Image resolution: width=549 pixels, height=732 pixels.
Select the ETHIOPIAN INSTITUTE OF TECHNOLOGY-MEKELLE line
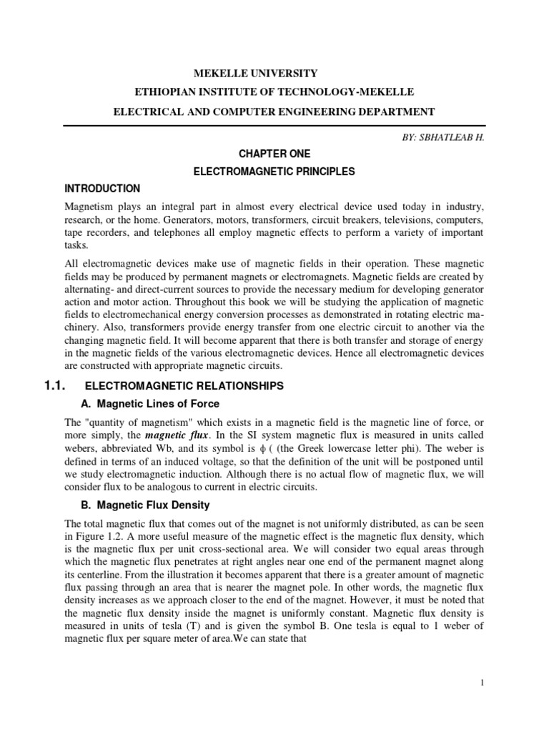pyautogui.click(x=274, y=92)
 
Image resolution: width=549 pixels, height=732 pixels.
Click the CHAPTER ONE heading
pyautogui.click(x=274, y=154)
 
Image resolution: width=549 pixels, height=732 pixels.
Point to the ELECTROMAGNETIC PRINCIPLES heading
pyautogui.click(x=274, y=172)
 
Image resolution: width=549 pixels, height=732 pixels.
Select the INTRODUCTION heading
pyautogui.click(x=102, y=189)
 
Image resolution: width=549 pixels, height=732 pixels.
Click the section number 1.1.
pyautogui.click(x=55, y=386)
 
